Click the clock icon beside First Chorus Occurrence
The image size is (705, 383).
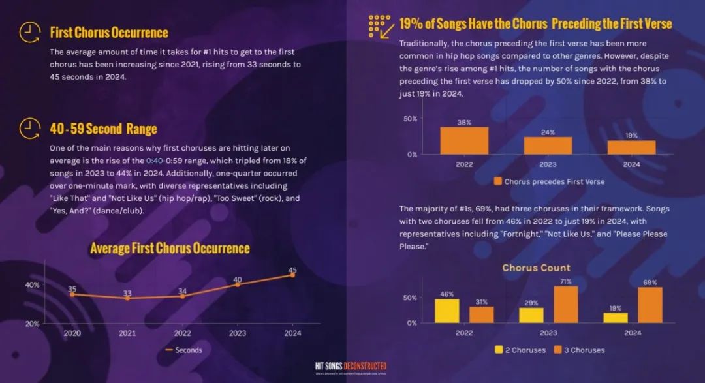point(29,32)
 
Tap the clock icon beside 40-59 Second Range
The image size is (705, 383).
point(29,128)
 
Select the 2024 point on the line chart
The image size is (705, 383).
point(292,275)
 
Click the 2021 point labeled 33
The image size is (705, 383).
point(127,298)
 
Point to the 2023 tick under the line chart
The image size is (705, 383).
point(237,333)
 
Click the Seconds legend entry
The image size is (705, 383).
point(183,350)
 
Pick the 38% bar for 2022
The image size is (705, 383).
point(464,140)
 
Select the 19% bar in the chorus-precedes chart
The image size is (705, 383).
point(631,147)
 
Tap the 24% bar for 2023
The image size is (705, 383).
point(548,146)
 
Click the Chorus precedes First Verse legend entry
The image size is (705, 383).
point(549,181)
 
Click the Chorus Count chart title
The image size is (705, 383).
point(536,268)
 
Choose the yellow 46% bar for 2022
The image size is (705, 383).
point(447,311)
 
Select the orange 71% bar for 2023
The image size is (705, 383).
point(565,304)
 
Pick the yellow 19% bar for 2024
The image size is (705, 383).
point(615,317)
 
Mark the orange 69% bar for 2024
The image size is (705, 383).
point(650,305)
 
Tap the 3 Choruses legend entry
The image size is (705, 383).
point(578,350)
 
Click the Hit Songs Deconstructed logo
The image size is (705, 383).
point(351,367)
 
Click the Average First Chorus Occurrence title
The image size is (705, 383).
point(170,248)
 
